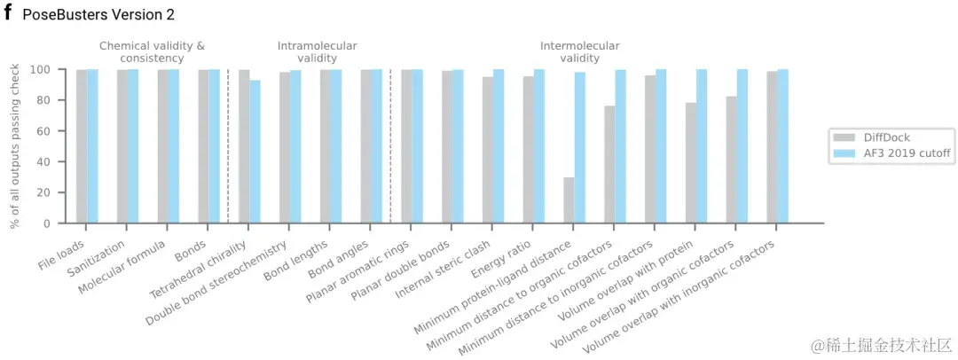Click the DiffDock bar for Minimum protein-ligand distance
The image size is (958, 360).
coord(569,200)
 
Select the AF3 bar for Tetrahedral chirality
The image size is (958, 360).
coord(255,152)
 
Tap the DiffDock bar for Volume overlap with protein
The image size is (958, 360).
coord(690,163)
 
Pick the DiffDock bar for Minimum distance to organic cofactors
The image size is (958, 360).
coord(609,165)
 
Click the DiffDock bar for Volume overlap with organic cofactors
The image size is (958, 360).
coord(731,160)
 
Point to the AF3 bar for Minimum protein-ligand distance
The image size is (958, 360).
coord(580,147)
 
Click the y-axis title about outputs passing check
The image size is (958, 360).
coord(15,146)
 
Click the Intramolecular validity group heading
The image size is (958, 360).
coord(317,51)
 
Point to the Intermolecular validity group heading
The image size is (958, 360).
coord(579,51)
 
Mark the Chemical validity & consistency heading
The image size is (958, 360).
coord(152,51)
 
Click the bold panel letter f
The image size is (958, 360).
coord(7,14)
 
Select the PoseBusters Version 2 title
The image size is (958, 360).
coord(98,15)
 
